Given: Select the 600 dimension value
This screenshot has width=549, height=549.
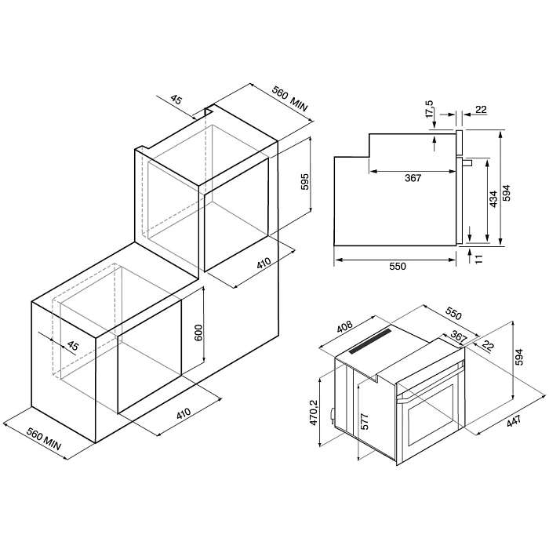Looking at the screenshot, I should coord(198,332).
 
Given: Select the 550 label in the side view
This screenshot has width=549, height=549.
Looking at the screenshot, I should coord(397,267).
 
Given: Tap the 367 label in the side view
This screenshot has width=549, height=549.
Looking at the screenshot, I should coord(413,178).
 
